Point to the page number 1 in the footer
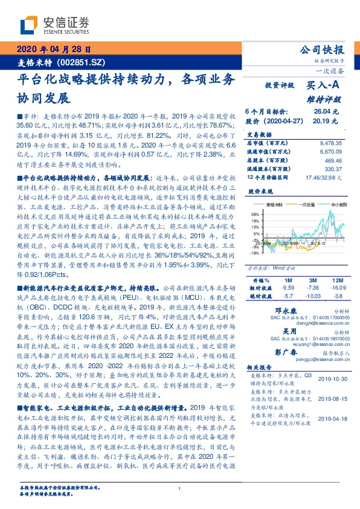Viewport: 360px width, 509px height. click(x=180, y=488)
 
